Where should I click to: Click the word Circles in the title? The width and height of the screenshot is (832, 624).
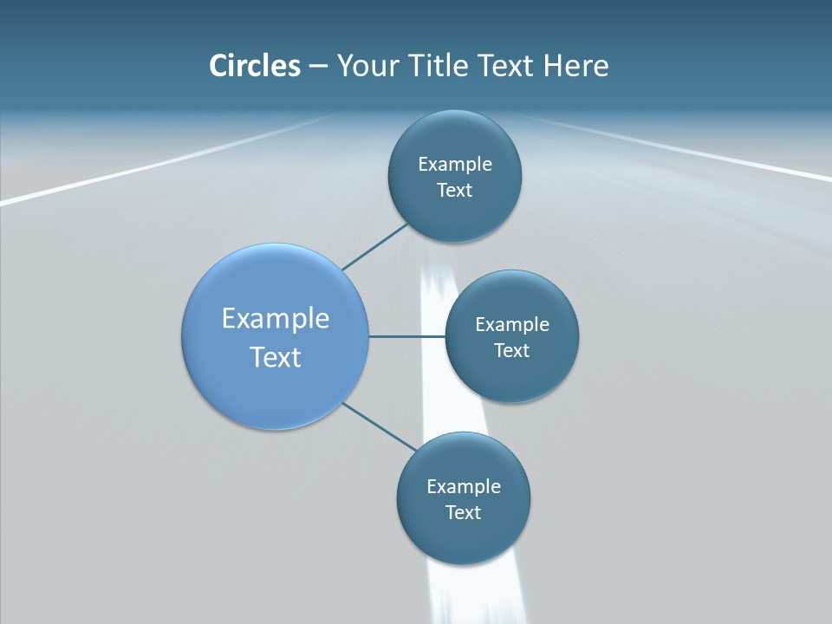pyautogui.click(x=254, y=66)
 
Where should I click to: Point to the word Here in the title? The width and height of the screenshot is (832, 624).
pyautogui.click(x=575, y=66)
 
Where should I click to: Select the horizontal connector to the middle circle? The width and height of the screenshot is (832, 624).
pyautogui.click(x=406, y=336)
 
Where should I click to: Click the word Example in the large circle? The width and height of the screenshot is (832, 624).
pyautogui.click(x=276, y=318)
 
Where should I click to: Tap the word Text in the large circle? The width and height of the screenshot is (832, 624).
pyautogui.click(x=276, y=356)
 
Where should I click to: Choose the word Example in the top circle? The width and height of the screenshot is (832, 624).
pyautogui.click(x=455, y=164)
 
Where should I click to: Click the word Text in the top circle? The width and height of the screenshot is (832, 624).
pyautogui.click(x=455, y=191)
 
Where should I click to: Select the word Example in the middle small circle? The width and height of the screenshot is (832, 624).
pyautogui.click(x=512, y=324)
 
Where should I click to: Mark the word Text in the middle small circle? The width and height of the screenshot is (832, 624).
pyautogui.click(x=512, y=350)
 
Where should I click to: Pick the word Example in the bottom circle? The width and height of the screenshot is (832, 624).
pyautogui.click(x=464, y=486)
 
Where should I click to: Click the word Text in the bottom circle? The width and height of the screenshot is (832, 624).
pyautogui.click(x=464, y=512)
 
